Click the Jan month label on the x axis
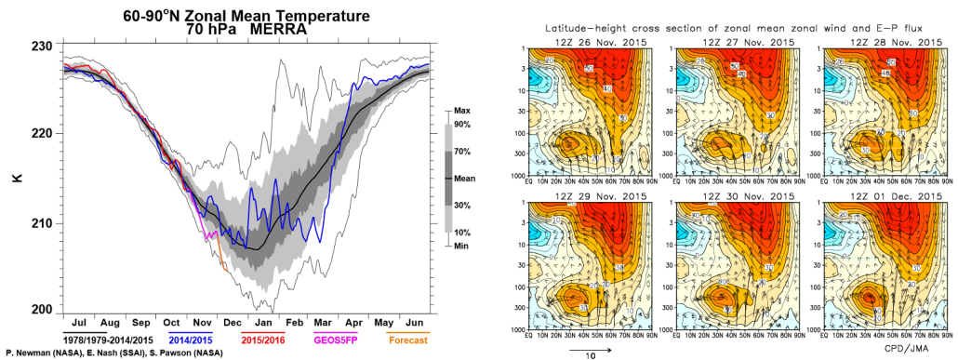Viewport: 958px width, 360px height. tap(262, 321)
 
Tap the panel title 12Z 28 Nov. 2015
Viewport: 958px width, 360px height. tap(880, 43)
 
